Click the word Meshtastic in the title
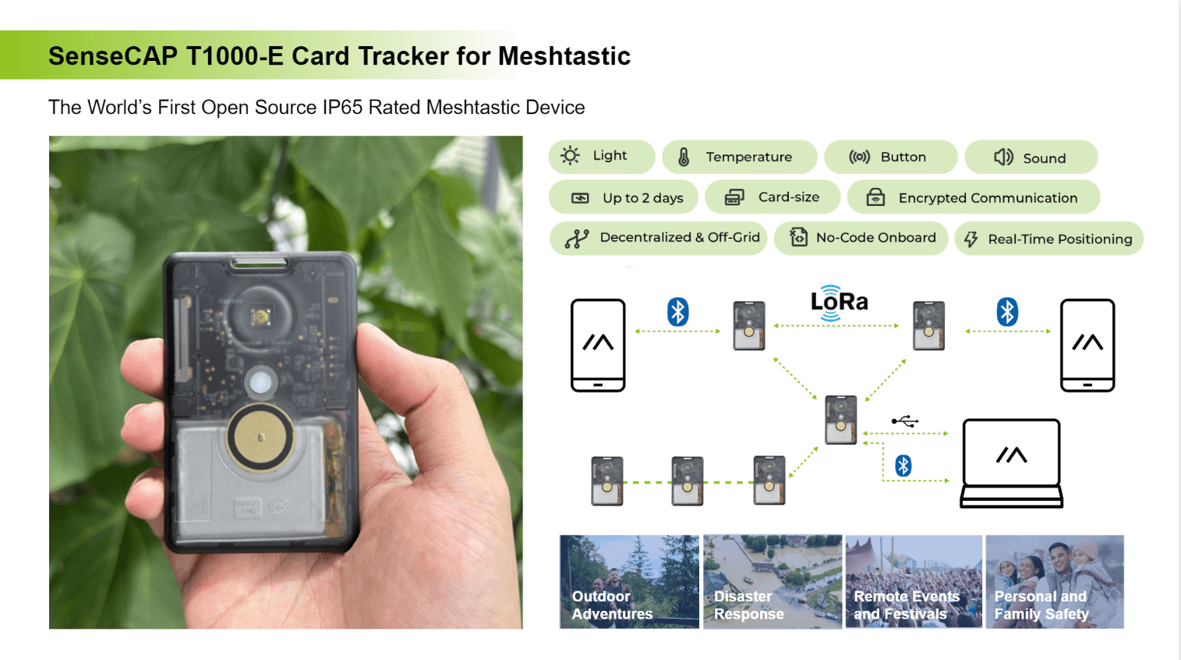564,56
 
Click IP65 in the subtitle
342,107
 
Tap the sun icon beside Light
570,155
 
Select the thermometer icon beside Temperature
684,157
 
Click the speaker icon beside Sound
1003,158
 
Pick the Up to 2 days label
642,198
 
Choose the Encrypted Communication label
988,198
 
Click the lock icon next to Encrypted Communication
875,197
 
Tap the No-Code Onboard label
875,237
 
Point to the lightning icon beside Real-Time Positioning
971,239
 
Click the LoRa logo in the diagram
839,302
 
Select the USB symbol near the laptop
905,421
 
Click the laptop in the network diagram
1011,463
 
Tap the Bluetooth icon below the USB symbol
903,465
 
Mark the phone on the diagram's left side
598,346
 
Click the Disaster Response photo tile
773,581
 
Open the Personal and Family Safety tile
1055,581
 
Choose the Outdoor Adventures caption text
612,605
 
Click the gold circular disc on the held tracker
260,438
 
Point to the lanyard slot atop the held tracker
260,262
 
